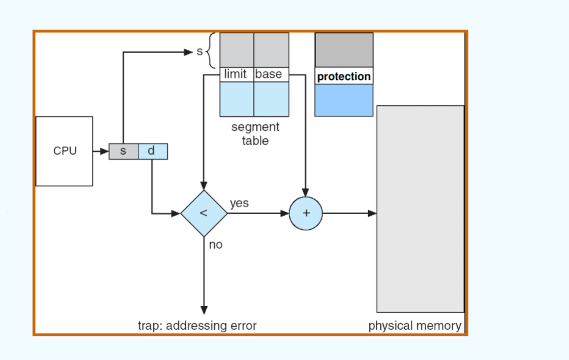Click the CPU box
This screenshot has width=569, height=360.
(64, 151)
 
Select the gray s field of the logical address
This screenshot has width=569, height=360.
(123, 151)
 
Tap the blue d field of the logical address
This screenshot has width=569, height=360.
(152, 151)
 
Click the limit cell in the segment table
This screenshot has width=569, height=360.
(236, 74)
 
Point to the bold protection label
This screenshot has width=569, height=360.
(344, 76)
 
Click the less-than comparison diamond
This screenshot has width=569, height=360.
(203, 213)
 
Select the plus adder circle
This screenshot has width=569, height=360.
(306, 213)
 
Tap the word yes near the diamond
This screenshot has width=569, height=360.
(239, 203)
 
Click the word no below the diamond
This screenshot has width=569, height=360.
(215, 245)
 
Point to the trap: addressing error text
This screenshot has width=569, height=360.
(197, 325)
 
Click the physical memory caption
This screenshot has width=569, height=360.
(414, 325)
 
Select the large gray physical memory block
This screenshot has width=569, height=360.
(420, 208)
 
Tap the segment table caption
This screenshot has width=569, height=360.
(255, 134)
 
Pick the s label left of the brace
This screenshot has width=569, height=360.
(200, 52)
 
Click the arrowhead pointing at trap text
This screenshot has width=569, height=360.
(203, 310)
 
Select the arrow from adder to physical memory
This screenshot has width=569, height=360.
(350, 213)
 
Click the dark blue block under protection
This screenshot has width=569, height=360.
(344, 100)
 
